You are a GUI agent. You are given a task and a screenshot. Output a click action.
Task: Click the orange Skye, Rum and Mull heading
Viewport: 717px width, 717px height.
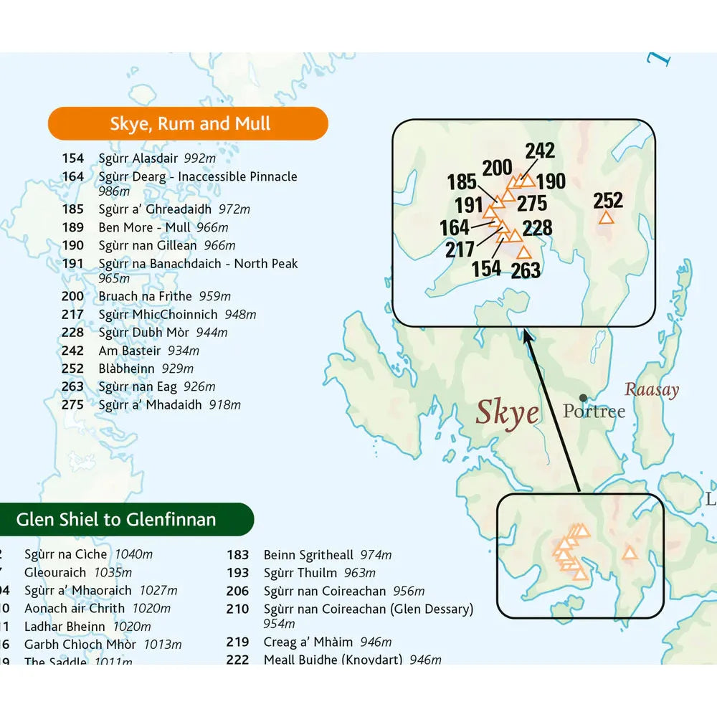[189, 123]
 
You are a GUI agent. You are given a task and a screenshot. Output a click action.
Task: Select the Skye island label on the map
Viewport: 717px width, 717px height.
[508, 414]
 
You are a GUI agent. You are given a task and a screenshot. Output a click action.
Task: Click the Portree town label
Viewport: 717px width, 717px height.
[594, 412]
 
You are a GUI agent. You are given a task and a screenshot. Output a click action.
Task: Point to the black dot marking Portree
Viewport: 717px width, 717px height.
[584, 398]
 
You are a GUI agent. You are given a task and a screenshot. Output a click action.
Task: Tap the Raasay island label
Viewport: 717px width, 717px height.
[651, 390]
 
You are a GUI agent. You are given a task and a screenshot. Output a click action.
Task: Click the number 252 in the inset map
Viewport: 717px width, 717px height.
[608, 200]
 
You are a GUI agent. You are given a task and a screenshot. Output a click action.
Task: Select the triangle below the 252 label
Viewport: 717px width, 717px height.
[606, 218]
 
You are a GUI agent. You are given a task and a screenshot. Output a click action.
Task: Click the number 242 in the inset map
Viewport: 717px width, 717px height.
[539, 151]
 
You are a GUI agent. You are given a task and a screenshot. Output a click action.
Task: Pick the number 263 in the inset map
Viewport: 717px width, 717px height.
[526, 270]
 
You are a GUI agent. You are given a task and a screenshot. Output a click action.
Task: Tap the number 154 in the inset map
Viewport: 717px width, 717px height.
[486, 269]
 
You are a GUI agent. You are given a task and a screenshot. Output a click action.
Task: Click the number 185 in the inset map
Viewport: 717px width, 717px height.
[462, 182]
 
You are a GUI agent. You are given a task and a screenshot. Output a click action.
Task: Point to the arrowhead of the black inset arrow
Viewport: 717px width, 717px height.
[527, 334]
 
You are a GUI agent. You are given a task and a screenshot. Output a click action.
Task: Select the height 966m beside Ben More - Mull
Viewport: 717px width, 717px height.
[212, 228]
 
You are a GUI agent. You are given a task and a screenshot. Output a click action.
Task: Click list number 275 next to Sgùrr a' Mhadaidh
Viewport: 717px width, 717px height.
[73, 405]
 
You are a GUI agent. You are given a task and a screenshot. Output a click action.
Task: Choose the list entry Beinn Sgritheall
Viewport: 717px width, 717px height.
[308, 555]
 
